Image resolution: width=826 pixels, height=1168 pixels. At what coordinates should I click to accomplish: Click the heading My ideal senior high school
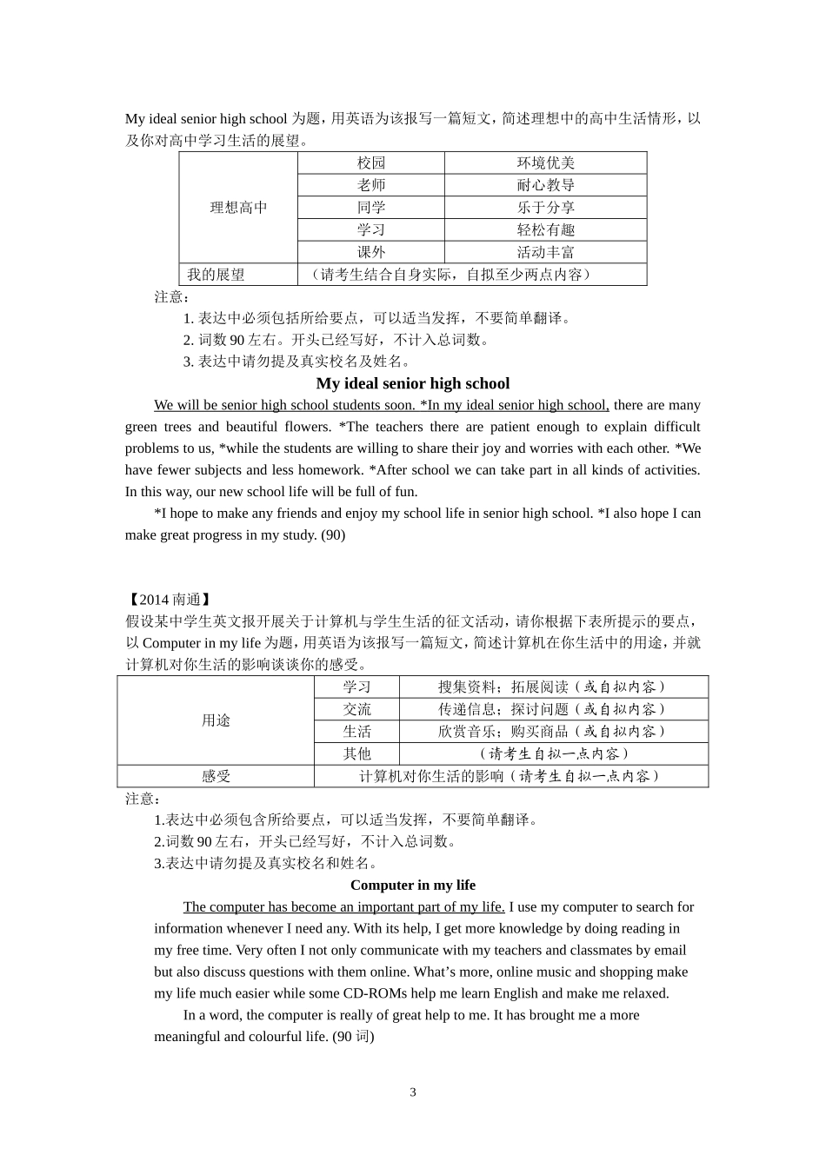412,383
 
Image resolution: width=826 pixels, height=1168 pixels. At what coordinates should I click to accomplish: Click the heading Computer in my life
412,885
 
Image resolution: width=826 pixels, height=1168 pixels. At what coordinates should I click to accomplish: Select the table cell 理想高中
238,208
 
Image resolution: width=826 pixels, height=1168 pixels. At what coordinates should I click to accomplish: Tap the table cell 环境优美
545,163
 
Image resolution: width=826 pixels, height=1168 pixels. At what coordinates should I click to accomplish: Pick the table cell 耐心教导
545,185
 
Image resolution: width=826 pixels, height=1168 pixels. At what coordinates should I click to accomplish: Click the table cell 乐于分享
545,208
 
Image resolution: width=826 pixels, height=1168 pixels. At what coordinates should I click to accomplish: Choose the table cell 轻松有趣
545,230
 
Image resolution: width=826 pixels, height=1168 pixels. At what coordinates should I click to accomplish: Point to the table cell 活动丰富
545,253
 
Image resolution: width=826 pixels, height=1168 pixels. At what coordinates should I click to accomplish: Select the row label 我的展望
216,275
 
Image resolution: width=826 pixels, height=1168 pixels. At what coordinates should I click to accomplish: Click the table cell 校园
370,163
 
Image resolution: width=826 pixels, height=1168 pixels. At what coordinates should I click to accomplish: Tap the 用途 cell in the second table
216,720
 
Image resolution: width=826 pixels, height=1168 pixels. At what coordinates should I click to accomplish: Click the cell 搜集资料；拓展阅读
552,687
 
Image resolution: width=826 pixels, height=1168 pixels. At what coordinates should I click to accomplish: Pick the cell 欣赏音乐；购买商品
552,732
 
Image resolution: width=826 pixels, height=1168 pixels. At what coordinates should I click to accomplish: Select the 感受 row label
216,776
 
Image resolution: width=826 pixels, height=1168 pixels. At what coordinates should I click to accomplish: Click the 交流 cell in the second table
356,709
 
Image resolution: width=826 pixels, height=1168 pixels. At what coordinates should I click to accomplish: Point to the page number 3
413,1092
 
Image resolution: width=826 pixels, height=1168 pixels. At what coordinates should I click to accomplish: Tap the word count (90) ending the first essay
333,535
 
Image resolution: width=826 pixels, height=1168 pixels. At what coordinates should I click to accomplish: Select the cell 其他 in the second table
356,754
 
